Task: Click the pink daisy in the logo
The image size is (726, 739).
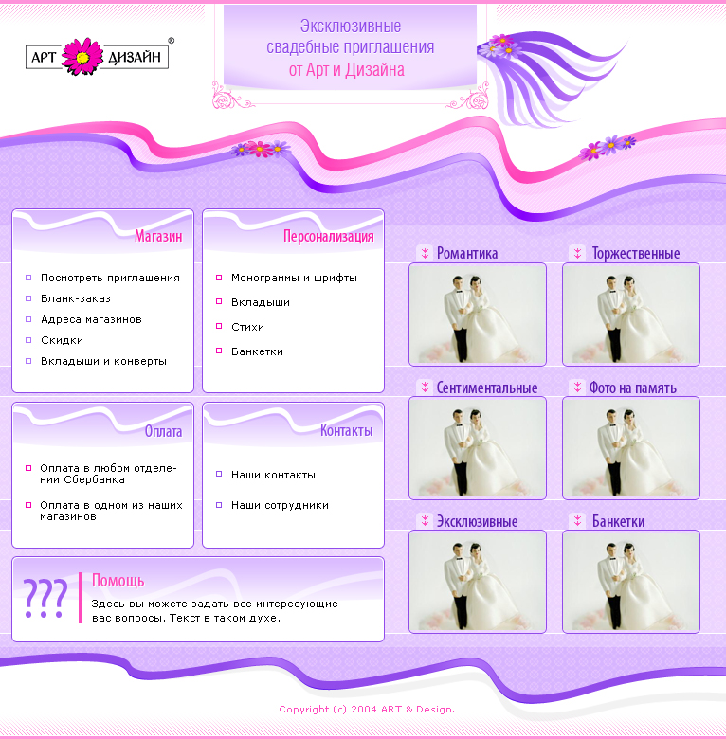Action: (x=82, y=57)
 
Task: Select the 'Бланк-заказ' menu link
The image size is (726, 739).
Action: (x=76, y=298)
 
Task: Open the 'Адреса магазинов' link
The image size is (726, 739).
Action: (x=91, y=319)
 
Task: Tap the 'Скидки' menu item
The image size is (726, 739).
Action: (x=62, y=340)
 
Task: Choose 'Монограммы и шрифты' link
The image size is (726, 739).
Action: (x=294, y=278)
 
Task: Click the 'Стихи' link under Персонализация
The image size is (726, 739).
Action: (x=247, y=327)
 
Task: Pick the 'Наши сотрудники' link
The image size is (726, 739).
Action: (x=280, y=505)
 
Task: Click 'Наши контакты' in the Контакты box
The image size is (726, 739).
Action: (x=273, y=475)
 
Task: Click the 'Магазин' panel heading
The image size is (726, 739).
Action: (x=158, y=236)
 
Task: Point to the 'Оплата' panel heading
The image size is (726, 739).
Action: (x=163, y=431)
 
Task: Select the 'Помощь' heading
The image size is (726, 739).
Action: (x=118, y=581)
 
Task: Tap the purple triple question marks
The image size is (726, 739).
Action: (x=45, y=598)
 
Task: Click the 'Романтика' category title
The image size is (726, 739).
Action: (x=467, y=253)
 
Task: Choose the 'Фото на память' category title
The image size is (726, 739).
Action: (x=633, y=388)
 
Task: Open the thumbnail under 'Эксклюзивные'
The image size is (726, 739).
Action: (x=478, y=582)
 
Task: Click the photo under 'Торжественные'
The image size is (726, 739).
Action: (x=631, y=315)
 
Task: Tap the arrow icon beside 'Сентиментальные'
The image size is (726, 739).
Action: (x=425, y=388)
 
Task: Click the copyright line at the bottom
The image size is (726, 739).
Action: (x=367, y=710)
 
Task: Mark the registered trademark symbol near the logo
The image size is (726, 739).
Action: (x=172, y=41)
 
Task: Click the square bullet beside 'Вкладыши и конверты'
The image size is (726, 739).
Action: (x=28, y=361)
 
